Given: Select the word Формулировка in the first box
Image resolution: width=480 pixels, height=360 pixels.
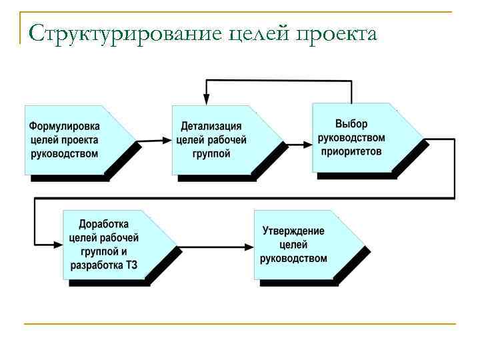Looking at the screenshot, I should (65, 127).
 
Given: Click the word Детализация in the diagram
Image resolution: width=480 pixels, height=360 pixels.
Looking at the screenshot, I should (211, 127).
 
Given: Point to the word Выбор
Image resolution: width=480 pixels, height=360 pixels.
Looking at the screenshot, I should (351, 124).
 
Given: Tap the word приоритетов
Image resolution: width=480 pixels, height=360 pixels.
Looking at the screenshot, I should (351, 151).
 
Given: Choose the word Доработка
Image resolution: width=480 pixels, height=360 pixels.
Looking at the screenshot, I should (104, 225).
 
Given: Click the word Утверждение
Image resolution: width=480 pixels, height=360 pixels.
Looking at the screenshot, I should (293, 231).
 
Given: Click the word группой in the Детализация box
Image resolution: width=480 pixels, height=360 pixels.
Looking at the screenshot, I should (211, 154).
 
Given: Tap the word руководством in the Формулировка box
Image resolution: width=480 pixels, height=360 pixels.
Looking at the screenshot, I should (65, 154).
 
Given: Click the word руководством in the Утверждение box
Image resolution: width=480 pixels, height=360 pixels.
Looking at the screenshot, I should (293, 259).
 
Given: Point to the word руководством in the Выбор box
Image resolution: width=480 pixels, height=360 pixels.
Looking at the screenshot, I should (351, 138).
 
